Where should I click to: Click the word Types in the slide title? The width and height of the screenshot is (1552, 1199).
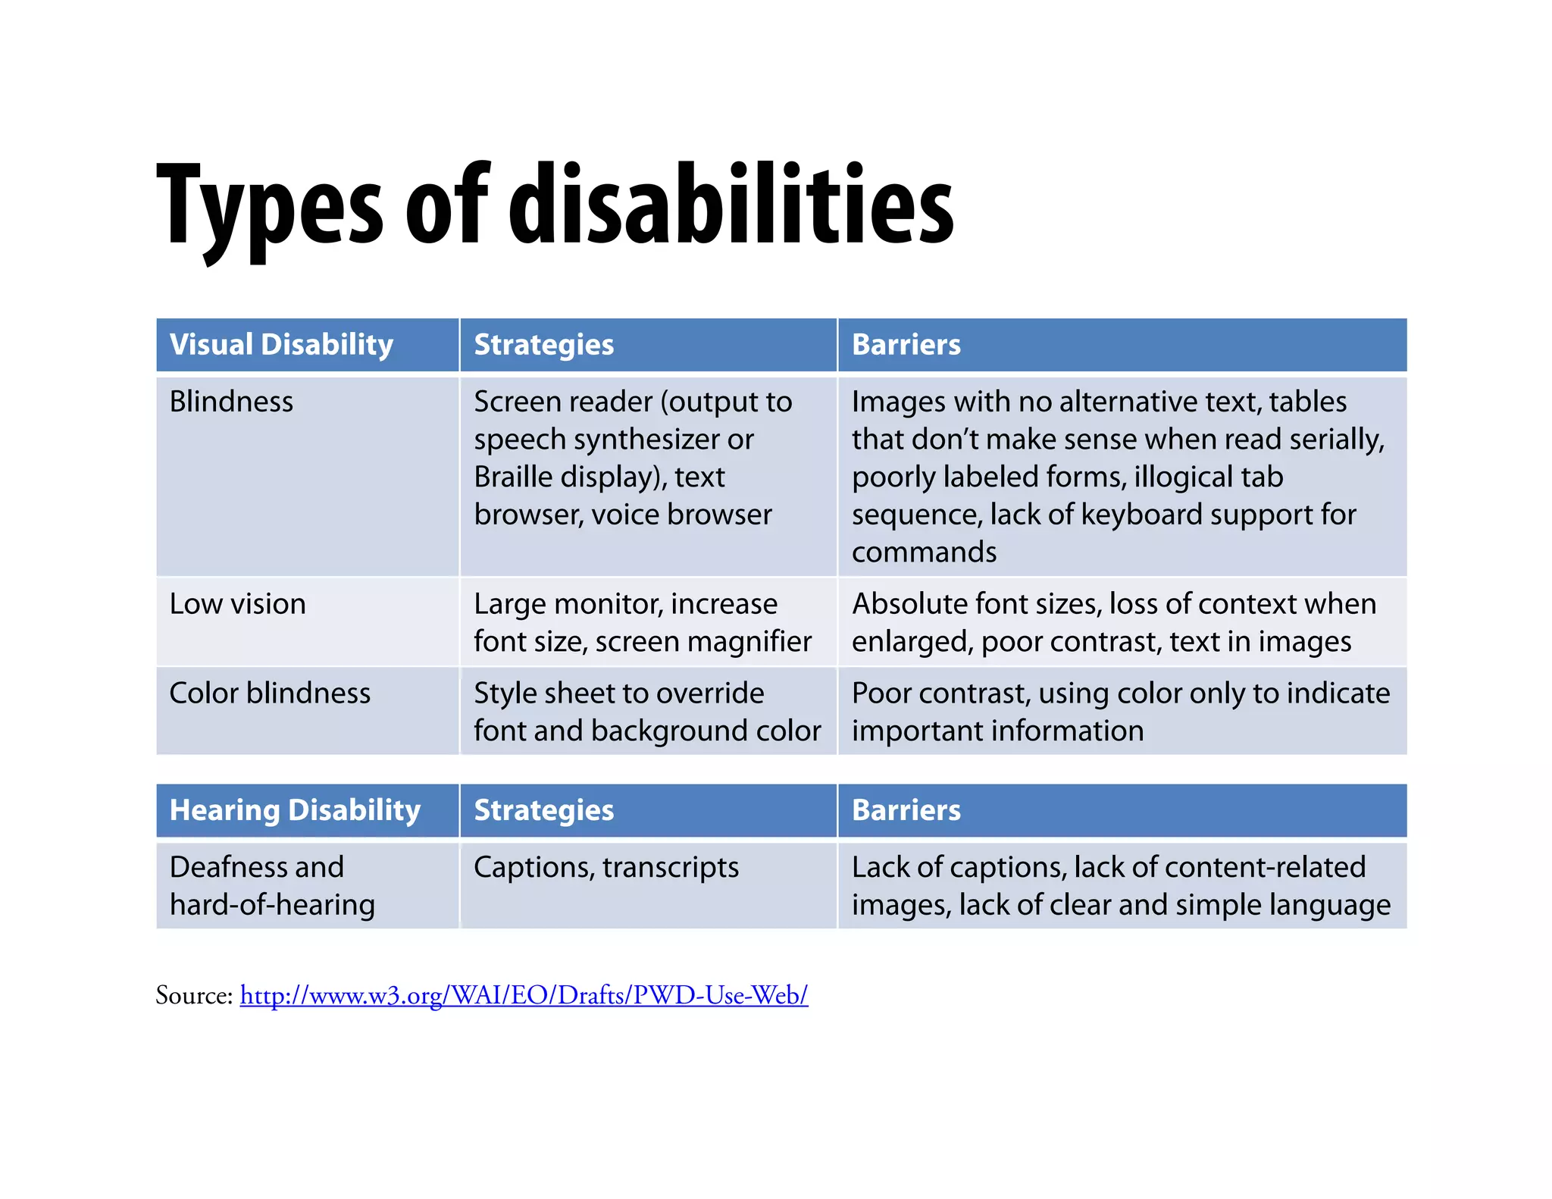click(269, 206)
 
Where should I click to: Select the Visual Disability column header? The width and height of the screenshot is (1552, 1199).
click(281, 345)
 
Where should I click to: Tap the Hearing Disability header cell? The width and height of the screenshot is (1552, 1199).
click(295, 810)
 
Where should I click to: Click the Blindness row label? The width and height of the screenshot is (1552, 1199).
click(231, 402)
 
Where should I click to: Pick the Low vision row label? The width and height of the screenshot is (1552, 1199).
click(237, 604)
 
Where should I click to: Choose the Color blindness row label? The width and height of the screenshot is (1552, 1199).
click(270, 693)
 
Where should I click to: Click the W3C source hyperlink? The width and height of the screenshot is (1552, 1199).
click(524, 995)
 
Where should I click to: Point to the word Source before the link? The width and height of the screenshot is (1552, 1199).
click(193, 995)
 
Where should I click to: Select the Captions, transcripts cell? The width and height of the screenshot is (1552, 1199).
click(605, 868)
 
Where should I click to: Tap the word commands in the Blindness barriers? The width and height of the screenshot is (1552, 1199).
click(924, 553)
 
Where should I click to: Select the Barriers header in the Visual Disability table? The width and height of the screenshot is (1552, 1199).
click(906, 345)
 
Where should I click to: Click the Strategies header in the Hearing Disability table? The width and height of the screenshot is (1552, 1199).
click(543, 810)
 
